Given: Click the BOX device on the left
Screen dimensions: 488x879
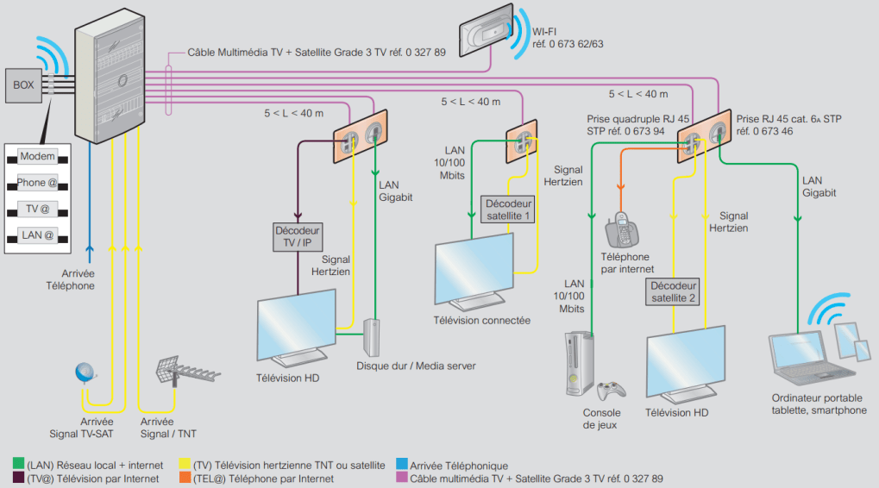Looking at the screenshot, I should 23,85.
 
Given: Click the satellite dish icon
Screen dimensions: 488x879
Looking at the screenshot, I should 86,373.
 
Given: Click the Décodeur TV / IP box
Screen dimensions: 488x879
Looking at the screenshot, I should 298,236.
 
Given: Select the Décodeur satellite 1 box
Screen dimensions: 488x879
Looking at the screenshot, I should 507,210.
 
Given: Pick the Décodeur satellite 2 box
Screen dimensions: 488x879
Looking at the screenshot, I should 673,291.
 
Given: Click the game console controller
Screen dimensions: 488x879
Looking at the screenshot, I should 613,391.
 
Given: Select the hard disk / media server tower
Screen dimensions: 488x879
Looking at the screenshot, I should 372,337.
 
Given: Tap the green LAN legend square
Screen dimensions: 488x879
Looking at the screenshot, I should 17,466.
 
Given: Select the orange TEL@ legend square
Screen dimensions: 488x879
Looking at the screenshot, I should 185,479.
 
